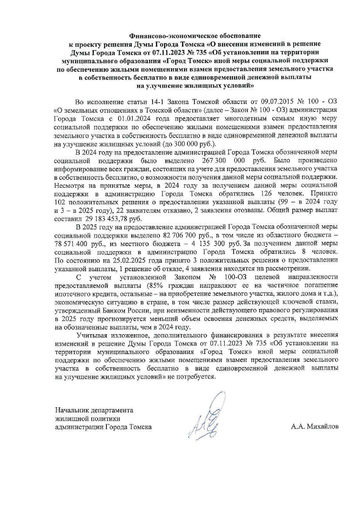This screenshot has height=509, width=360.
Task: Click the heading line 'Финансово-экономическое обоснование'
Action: pos(195,36)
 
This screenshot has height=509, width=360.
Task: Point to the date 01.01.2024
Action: pos(134,118)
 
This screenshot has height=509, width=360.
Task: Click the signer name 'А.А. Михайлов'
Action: pos(315,427)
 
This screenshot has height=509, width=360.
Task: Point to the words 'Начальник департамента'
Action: pos(94,410)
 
